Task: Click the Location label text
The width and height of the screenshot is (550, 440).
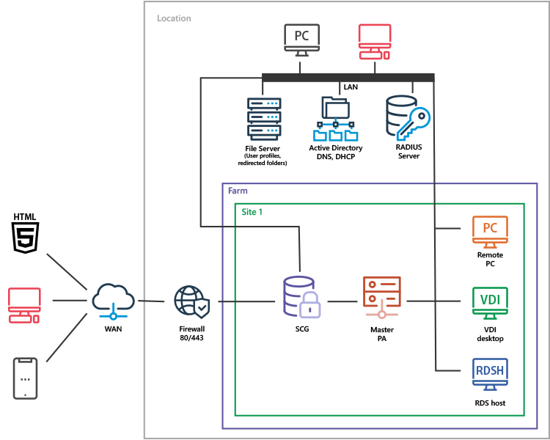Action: (174, 18)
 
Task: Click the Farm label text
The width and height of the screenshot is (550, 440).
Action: (238, 191)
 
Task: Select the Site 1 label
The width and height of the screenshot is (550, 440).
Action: (252, 212)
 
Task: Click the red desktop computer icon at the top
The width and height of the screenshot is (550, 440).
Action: (374, 41)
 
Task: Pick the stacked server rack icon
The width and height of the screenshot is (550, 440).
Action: (264, 118)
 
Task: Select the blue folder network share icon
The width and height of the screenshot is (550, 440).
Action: (336, 119)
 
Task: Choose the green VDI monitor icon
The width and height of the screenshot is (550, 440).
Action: (490, 302)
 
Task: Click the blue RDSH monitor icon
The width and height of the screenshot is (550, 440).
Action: (490, 373)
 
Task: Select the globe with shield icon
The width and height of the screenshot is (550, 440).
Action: (192, 301)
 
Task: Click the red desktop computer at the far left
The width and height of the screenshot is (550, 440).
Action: (24, 305)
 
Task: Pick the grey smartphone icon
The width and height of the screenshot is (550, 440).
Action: (25, 378)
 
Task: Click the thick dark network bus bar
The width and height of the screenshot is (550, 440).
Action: (348, 77)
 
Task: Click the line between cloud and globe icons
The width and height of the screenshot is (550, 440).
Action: (151, 301)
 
